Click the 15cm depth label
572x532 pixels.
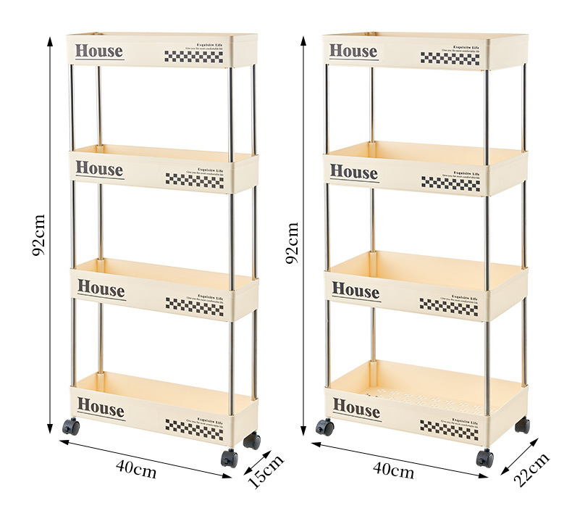coord(266,471)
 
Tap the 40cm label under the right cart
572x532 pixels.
coord(393,470)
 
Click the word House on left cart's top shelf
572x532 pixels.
coord(99,51)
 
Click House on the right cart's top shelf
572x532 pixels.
coord(353,51)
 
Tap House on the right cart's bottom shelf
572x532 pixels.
coord(356,409)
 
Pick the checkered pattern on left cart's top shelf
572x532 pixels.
coord(193,56)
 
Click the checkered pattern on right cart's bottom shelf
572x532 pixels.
coord(449,428)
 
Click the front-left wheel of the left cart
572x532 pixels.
coord(70,426)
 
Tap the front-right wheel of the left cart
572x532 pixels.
coord(230,457)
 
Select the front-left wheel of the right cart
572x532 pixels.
coord(324,428)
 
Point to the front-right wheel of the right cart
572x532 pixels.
coord(484,458)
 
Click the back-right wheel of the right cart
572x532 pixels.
coord(522,425)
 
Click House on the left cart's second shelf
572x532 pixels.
coord(99,170)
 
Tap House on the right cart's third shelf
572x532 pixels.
coord(356,290)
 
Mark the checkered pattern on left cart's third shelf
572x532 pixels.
coord(195,304)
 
